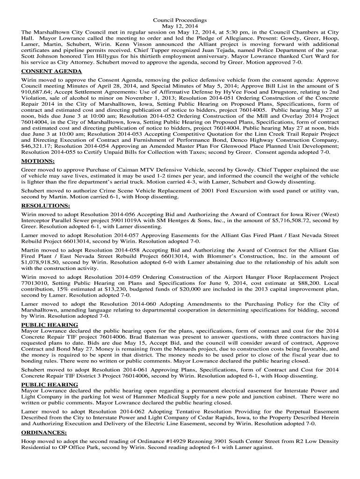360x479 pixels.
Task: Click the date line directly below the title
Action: point(180,26)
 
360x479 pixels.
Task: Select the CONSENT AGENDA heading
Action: point(51,71)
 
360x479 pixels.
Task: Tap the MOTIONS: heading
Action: point(38,161)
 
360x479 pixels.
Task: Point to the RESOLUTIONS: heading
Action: point(45,205)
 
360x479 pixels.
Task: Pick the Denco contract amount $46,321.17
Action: point(37,146)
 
